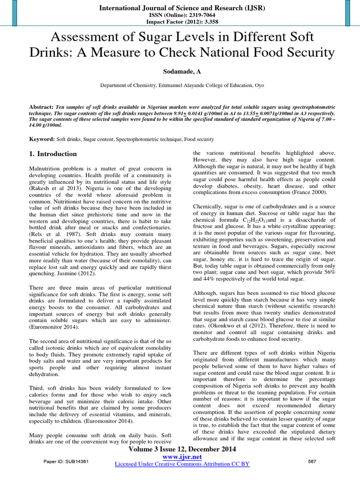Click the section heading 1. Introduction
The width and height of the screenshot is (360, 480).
[x=50, y=154]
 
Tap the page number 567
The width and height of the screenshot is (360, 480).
[x=312, y=461]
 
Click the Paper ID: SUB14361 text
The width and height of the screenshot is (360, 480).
[x=66, y=461]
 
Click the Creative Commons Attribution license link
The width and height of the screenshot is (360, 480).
[x=182, y=464]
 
